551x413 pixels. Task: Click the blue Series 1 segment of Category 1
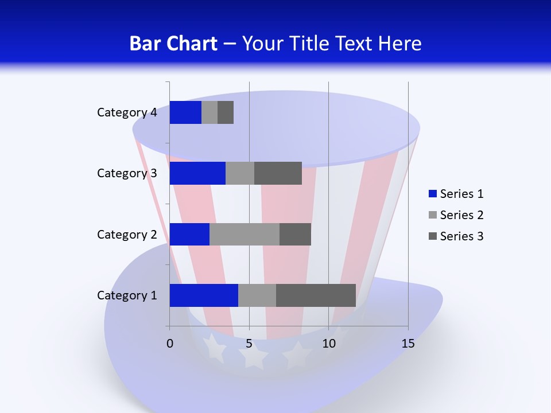(204, 295)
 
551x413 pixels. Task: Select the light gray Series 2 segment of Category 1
(257, 295)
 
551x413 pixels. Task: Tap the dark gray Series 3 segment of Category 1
(316, 295)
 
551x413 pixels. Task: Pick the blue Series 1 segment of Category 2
(189, 234)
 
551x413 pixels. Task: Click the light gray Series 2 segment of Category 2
(245, 234)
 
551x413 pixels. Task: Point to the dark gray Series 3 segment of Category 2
(295, 234)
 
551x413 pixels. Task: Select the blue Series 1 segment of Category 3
(197, 173)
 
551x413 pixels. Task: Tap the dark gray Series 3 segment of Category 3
(278, 173)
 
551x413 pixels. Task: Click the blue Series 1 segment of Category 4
(185, 112)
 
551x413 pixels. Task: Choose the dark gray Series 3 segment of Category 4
(226, 112)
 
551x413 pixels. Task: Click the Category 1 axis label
(127, 295)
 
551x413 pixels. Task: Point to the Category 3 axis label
(127, 173)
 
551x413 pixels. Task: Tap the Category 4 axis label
(127, 112)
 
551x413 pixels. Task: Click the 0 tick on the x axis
(170, 344)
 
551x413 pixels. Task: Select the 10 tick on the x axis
(328, 344)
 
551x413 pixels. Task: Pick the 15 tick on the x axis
(408, 344)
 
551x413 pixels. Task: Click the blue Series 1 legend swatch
(433, 194)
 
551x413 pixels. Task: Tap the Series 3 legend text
(461, 236)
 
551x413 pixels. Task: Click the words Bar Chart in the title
(173, 44)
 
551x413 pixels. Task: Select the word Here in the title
(399, 44)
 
